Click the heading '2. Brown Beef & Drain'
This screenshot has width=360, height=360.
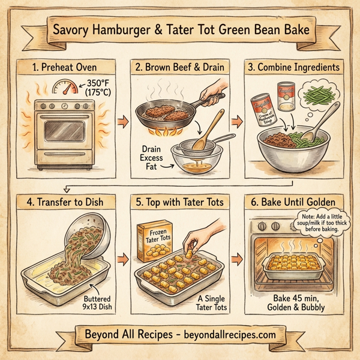pyautogui.click(x=179, y=67)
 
